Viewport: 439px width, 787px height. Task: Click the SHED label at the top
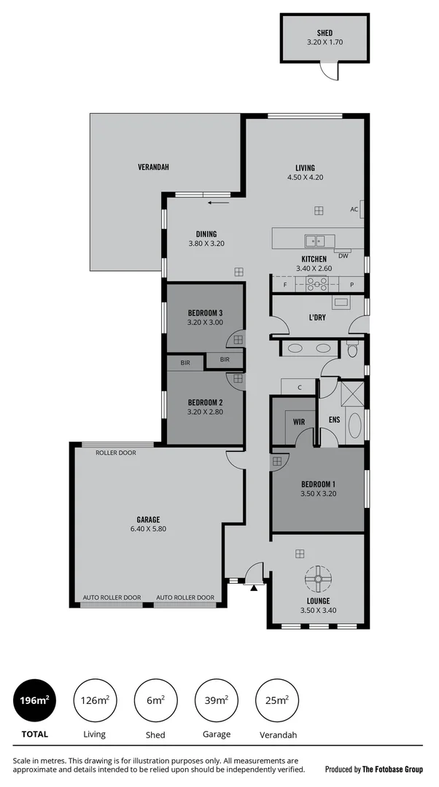click(325, 33)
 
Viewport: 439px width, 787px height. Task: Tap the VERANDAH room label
click(153, 167)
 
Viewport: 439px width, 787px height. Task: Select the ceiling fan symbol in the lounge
click(319, 579)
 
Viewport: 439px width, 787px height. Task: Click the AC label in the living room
click(354, 210)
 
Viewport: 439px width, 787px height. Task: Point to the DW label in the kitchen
click(343, 256)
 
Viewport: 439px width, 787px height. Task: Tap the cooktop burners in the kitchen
click(317, 284)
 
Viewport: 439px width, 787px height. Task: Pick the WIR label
click(299, 422)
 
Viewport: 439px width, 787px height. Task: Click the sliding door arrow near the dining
click(216, 203)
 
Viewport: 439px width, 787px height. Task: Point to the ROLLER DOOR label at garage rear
click(116, 453)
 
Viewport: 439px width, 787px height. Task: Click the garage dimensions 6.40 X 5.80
click(144, 529)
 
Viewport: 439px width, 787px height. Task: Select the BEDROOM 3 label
click(205, 313)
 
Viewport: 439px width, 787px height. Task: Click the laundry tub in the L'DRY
click(341, 302)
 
